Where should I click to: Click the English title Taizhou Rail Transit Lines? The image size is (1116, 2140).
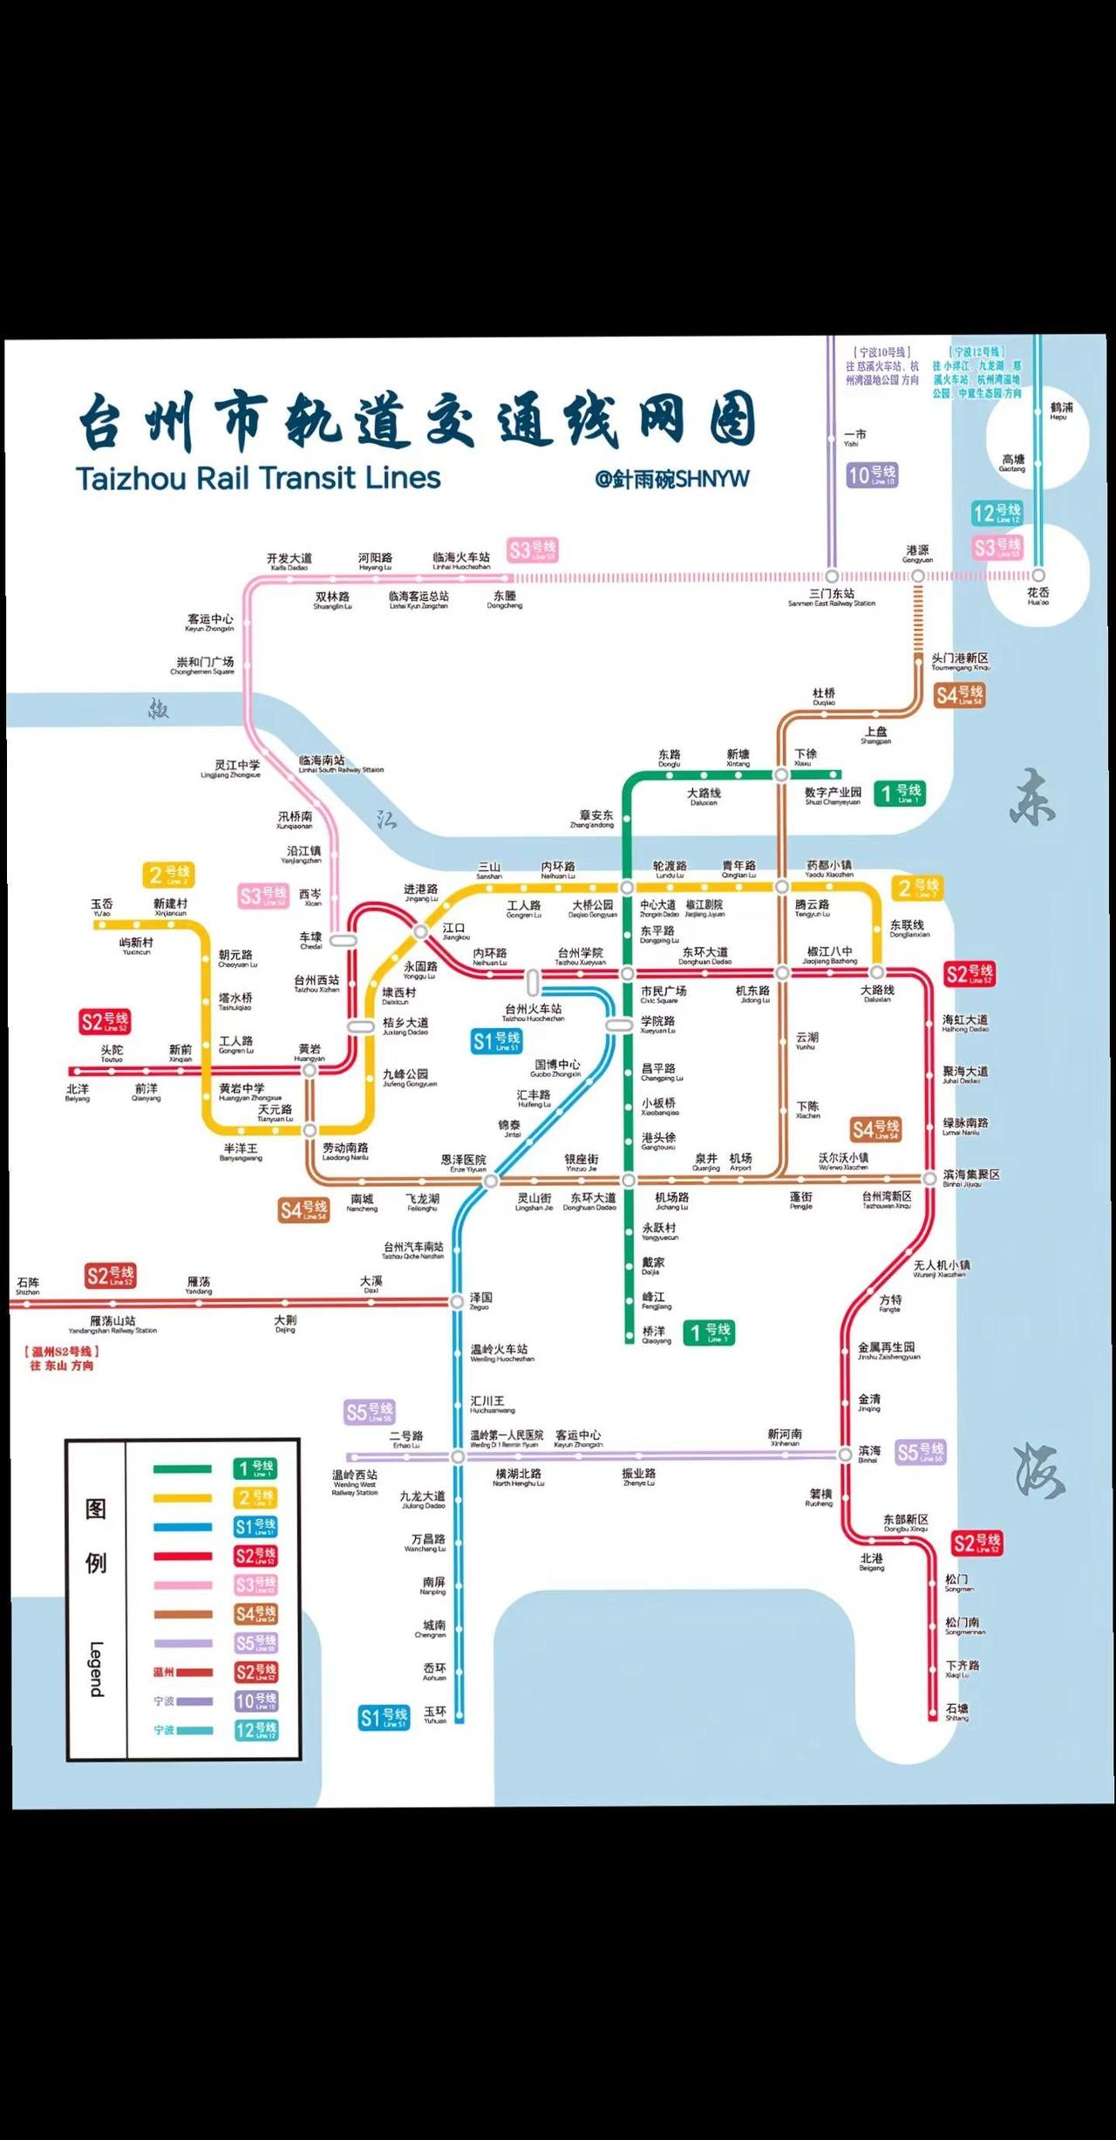258,478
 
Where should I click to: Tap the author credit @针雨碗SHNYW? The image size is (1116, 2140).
672,479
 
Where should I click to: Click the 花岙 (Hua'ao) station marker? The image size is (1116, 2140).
1038,576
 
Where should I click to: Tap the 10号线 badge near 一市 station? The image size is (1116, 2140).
872,475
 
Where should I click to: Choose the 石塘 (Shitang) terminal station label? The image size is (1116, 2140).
956,1710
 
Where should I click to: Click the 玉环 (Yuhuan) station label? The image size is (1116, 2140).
435,1713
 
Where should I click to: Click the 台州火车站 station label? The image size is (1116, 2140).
533,1010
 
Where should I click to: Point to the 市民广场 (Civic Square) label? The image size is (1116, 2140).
663,992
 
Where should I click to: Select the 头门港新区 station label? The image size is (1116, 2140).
960,659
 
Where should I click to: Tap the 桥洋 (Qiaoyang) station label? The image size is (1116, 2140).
654,1332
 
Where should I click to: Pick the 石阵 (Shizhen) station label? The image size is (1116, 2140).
28,1284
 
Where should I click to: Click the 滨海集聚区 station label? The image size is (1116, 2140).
971,1176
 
